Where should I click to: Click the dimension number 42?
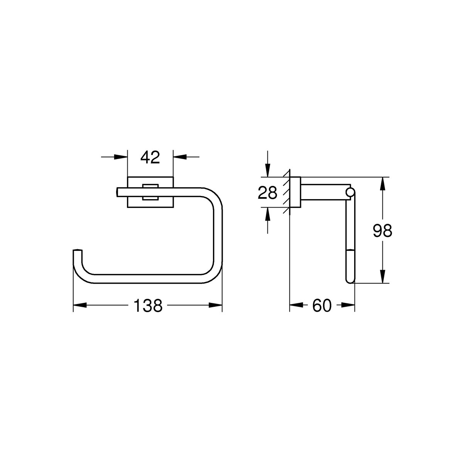[150, 158]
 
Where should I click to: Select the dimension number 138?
[148, 306]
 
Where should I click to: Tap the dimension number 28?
[267, 193]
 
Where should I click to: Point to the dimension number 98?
[382, 231]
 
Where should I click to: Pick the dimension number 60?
[322, 306]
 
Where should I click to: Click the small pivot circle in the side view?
[350, 193]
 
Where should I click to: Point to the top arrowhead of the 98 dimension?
[382, 184]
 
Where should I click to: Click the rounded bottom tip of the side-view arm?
[350, 280]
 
